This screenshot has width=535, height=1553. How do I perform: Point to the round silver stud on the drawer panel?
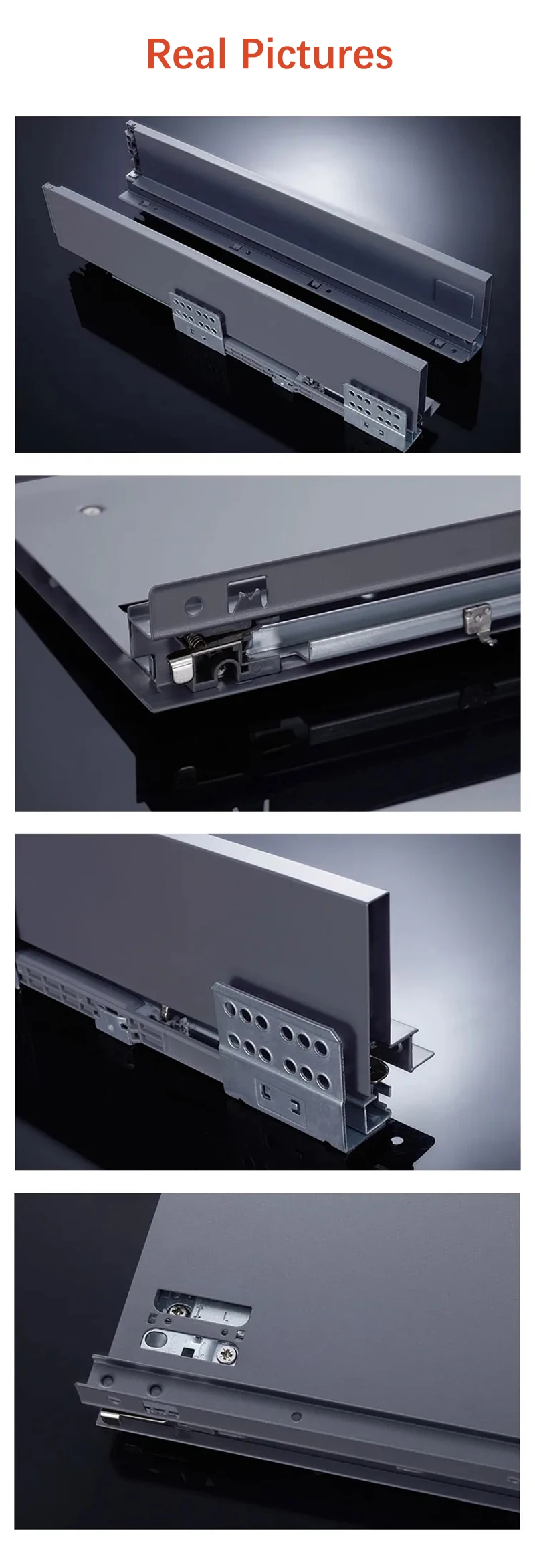88,510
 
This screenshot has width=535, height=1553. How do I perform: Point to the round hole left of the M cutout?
194,605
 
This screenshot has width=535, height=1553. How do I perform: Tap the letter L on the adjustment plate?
225,1318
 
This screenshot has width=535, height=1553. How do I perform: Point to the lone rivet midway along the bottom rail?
296,1416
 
